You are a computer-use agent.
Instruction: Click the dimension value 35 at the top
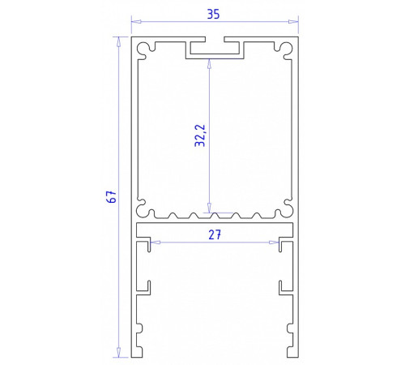coord(214,13)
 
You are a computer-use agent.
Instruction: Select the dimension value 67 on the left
coord(113,195)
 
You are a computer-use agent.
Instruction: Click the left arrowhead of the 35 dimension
coord(136,22)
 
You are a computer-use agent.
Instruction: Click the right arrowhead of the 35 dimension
coord(293,22)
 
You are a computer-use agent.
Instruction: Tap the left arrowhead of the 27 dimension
coord(156,242)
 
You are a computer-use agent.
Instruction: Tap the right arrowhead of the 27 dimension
coord(275,242)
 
